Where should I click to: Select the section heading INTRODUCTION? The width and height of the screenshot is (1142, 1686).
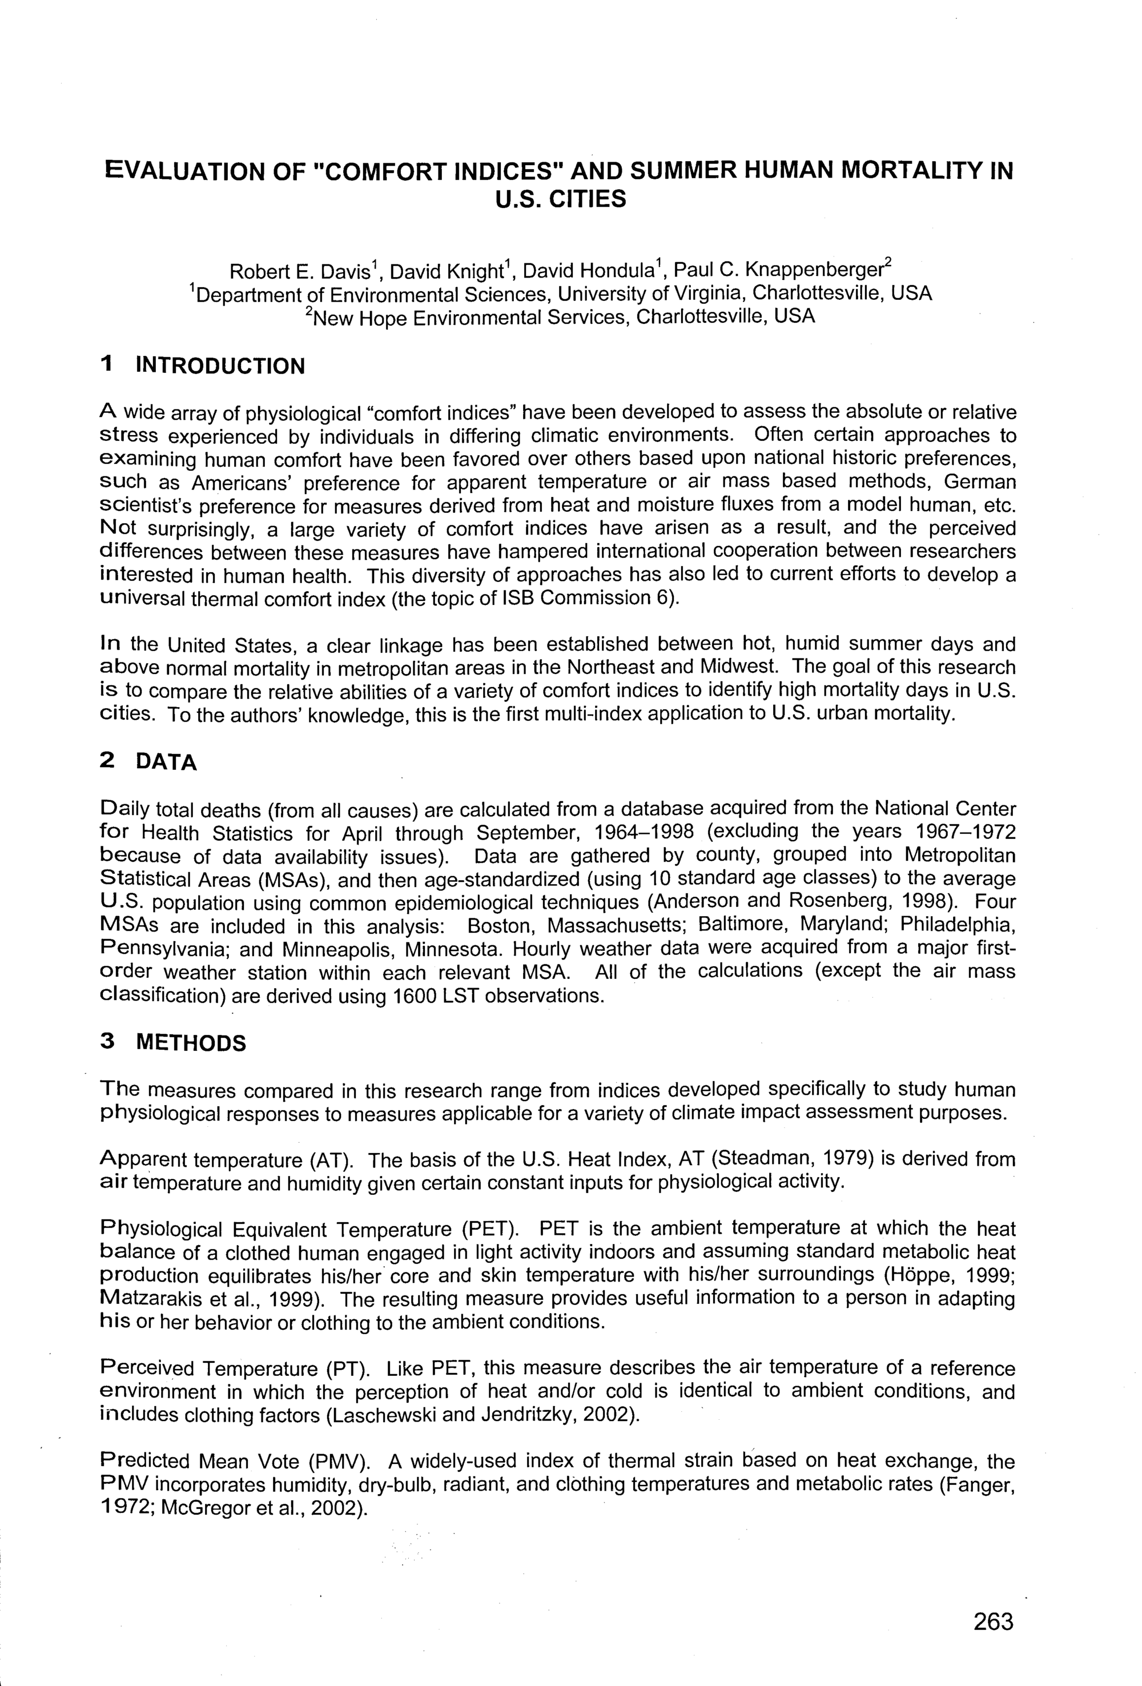pyautogui.click(x=220, y=366)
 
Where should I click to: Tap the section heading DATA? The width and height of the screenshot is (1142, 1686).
pyautogui.click(x=166, y=762)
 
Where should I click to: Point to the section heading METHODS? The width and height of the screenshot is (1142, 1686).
pyautogui.click(x=191, y=1043)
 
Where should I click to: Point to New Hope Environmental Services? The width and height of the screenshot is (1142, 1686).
pyautogui.click(x=468, y=317)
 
